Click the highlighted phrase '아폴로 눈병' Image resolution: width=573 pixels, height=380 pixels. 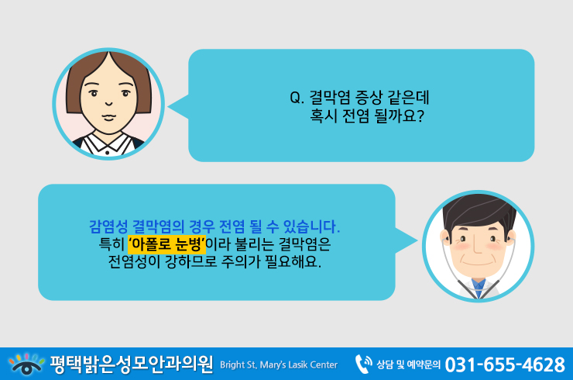coord(166,244)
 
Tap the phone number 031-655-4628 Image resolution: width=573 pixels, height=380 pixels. coord(505,364)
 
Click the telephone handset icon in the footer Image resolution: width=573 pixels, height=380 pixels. coord(363,364)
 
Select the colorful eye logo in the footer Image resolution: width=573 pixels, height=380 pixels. coord(26,364)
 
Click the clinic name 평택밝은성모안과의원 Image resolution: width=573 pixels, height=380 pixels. coord(132,364)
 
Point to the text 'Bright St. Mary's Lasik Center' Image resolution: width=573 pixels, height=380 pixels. coord(279,365)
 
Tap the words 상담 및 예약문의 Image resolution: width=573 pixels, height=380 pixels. coord(408,364)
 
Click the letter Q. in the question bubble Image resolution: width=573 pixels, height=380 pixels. coord(297,98)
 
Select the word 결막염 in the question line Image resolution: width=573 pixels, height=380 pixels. coord(330,98)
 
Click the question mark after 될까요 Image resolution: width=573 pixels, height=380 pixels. coord(420,116)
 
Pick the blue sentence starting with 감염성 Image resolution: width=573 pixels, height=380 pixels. coord(214,226)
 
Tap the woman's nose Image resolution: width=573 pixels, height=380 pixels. coord(108,103)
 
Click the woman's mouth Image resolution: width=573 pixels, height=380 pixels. coord(109,117)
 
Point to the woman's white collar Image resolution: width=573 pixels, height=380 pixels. coord(107,144)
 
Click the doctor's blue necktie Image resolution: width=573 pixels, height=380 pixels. coord(478,288)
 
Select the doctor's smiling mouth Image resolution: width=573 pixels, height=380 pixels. coord(477,262)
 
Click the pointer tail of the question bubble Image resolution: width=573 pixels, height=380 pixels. coord(178,106)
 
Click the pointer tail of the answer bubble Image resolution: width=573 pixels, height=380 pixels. coord(407,240)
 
